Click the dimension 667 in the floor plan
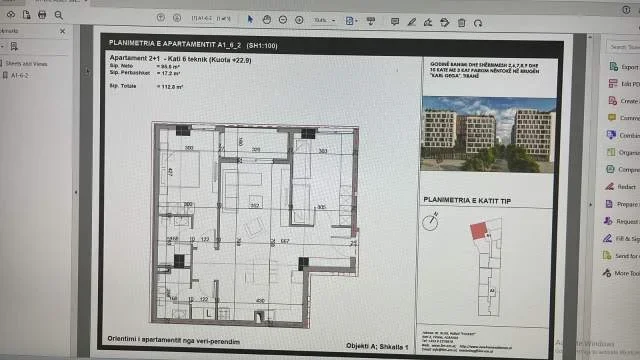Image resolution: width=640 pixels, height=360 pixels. pyautogui.click(x=284, y=240)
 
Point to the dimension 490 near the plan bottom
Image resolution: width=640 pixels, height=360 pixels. pyautogui.click(x=261, y=300)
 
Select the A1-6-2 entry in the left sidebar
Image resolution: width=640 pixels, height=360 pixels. pyautogui.click(x=21, y=74)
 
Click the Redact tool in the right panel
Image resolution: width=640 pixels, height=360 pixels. pyautogui.click(x=624, y=186)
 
